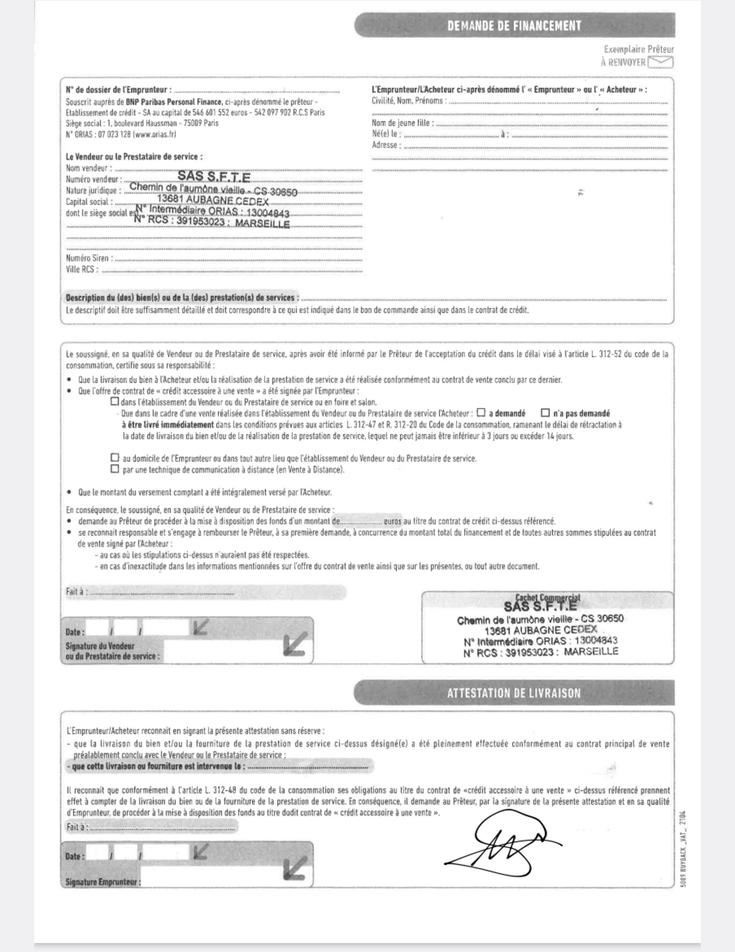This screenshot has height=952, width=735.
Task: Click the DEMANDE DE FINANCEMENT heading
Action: point(514,26)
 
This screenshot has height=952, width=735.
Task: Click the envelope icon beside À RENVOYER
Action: point(660,62)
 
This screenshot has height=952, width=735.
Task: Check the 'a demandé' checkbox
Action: point(481,412)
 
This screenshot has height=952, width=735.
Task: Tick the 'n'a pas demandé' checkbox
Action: point(545,412)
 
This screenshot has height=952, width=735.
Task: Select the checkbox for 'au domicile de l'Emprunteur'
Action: point(115,458)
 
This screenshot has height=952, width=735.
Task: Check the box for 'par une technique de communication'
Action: point(115,469)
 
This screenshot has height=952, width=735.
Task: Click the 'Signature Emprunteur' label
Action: point(103,882)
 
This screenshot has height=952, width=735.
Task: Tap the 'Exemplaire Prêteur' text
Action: point(639,50)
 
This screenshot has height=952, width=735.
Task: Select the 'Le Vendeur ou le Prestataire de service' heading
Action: point(134,157)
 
